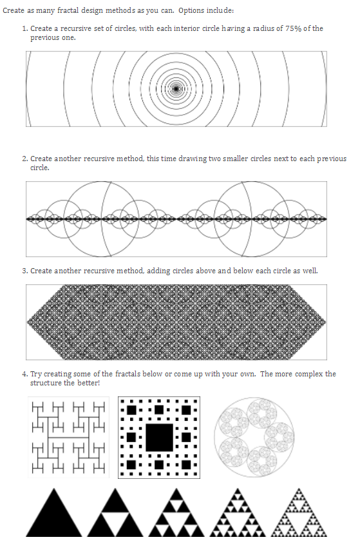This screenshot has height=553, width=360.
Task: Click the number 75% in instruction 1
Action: pos(293,28)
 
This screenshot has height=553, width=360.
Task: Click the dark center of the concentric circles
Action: pos(176,89)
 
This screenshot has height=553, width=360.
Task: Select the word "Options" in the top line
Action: pos(191,10)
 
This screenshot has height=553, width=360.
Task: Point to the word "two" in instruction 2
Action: pos(214,159)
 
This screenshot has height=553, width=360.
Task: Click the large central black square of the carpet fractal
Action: pos(159,438)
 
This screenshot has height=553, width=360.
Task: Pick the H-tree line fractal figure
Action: pos(69,438)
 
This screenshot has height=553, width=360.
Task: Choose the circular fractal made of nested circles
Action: pos(254,438)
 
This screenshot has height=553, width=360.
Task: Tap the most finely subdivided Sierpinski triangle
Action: pos(299,513)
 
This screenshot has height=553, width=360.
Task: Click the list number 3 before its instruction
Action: pos(24,271)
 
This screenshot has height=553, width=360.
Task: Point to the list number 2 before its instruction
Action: pos(24,159)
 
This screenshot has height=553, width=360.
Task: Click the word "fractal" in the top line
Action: pos(68,10)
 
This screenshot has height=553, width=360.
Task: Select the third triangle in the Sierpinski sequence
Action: pos(176,513)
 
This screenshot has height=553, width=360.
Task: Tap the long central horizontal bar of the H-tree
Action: pos(68,438)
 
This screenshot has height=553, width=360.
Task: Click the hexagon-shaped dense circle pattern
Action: pos(176,322)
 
